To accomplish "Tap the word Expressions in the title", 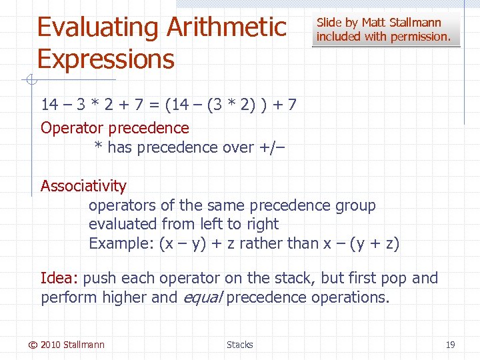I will pyautogui.click(x=105, y=59).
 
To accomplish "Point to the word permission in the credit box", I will pyautogui.click(x=421, y=37).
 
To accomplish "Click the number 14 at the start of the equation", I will pyautogui.click(x=49, y=105).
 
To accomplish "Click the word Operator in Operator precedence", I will pyautogui.click(x=72, y=128).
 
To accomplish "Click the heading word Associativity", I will pyautogui.click(x=83, y=186).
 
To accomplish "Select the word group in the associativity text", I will pyautogui.click(x=355, y=205).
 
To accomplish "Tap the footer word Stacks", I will pyautogui.click(x=239, y=345).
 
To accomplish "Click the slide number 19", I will pyautogui.click(x=450, y=345).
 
